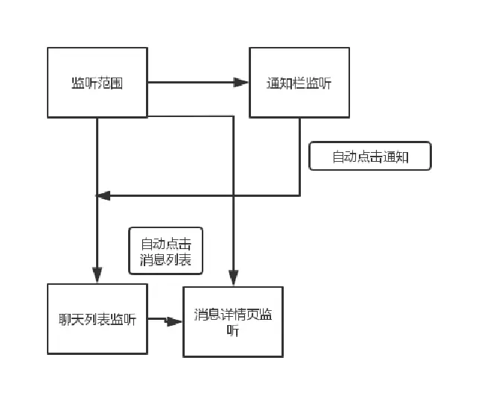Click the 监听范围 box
click(x=97, y=82)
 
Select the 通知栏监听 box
click(x=299, y=82)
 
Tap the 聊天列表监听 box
click(x=97, y=319)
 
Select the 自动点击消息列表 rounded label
click(x=165, y=251)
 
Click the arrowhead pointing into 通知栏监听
click(x=241, y=82)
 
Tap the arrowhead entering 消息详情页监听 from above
click(x=233, y=277)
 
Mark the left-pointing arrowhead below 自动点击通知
click(x=104, y=195)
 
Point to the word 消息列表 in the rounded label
click(x=165, y=259)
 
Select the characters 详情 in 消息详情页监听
click(x=233, y=315)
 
